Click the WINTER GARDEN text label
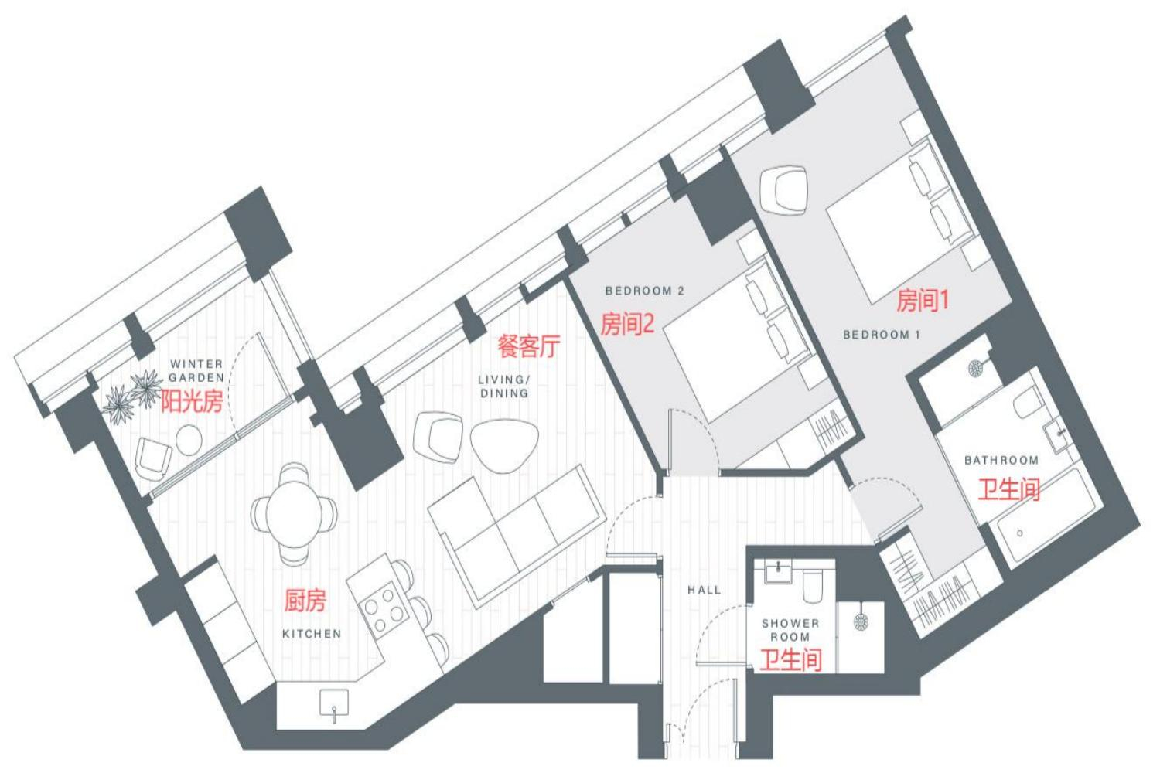(x=196, y=371)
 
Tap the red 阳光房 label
(x=192, y=401)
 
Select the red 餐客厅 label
(x=529, y=346)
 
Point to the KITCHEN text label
(x=312, y=634)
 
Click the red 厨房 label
(x=305, y=600)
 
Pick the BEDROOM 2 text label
(x=645, y=291)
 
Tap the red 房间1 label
(x=923, y=300)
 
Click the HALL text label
(x=705, y=590)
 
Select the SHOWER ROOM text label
(x=790, y=629)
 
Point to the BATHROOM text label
(x=1001, y=460)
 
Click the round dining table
(x=294, y=513)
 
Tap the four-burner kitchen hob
(x=384, y=610)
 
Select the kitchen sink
(x=334, y=702)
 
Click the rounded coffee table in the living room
(x=504, y=444)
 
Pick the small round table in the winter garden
(x=189, y=440)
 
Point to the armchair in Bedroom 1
(x=783, y=190)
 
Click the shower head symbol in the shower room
(x=861, y=621)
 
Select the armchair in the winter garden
(x=153, y=458)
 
